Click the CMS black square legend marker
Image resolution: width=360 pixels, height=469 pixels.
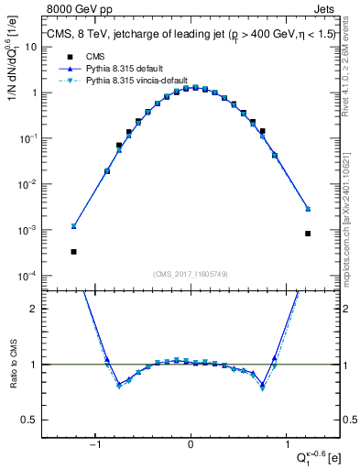pos(67,56)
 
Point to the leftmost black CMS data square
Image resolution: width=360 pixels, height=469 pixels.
pos(73,251)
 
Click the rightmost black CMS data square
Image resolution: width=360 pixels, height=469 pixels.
pos(308,234)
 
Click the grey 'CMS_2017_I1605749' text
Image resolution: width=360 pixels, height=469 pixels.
pos(191,274)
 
